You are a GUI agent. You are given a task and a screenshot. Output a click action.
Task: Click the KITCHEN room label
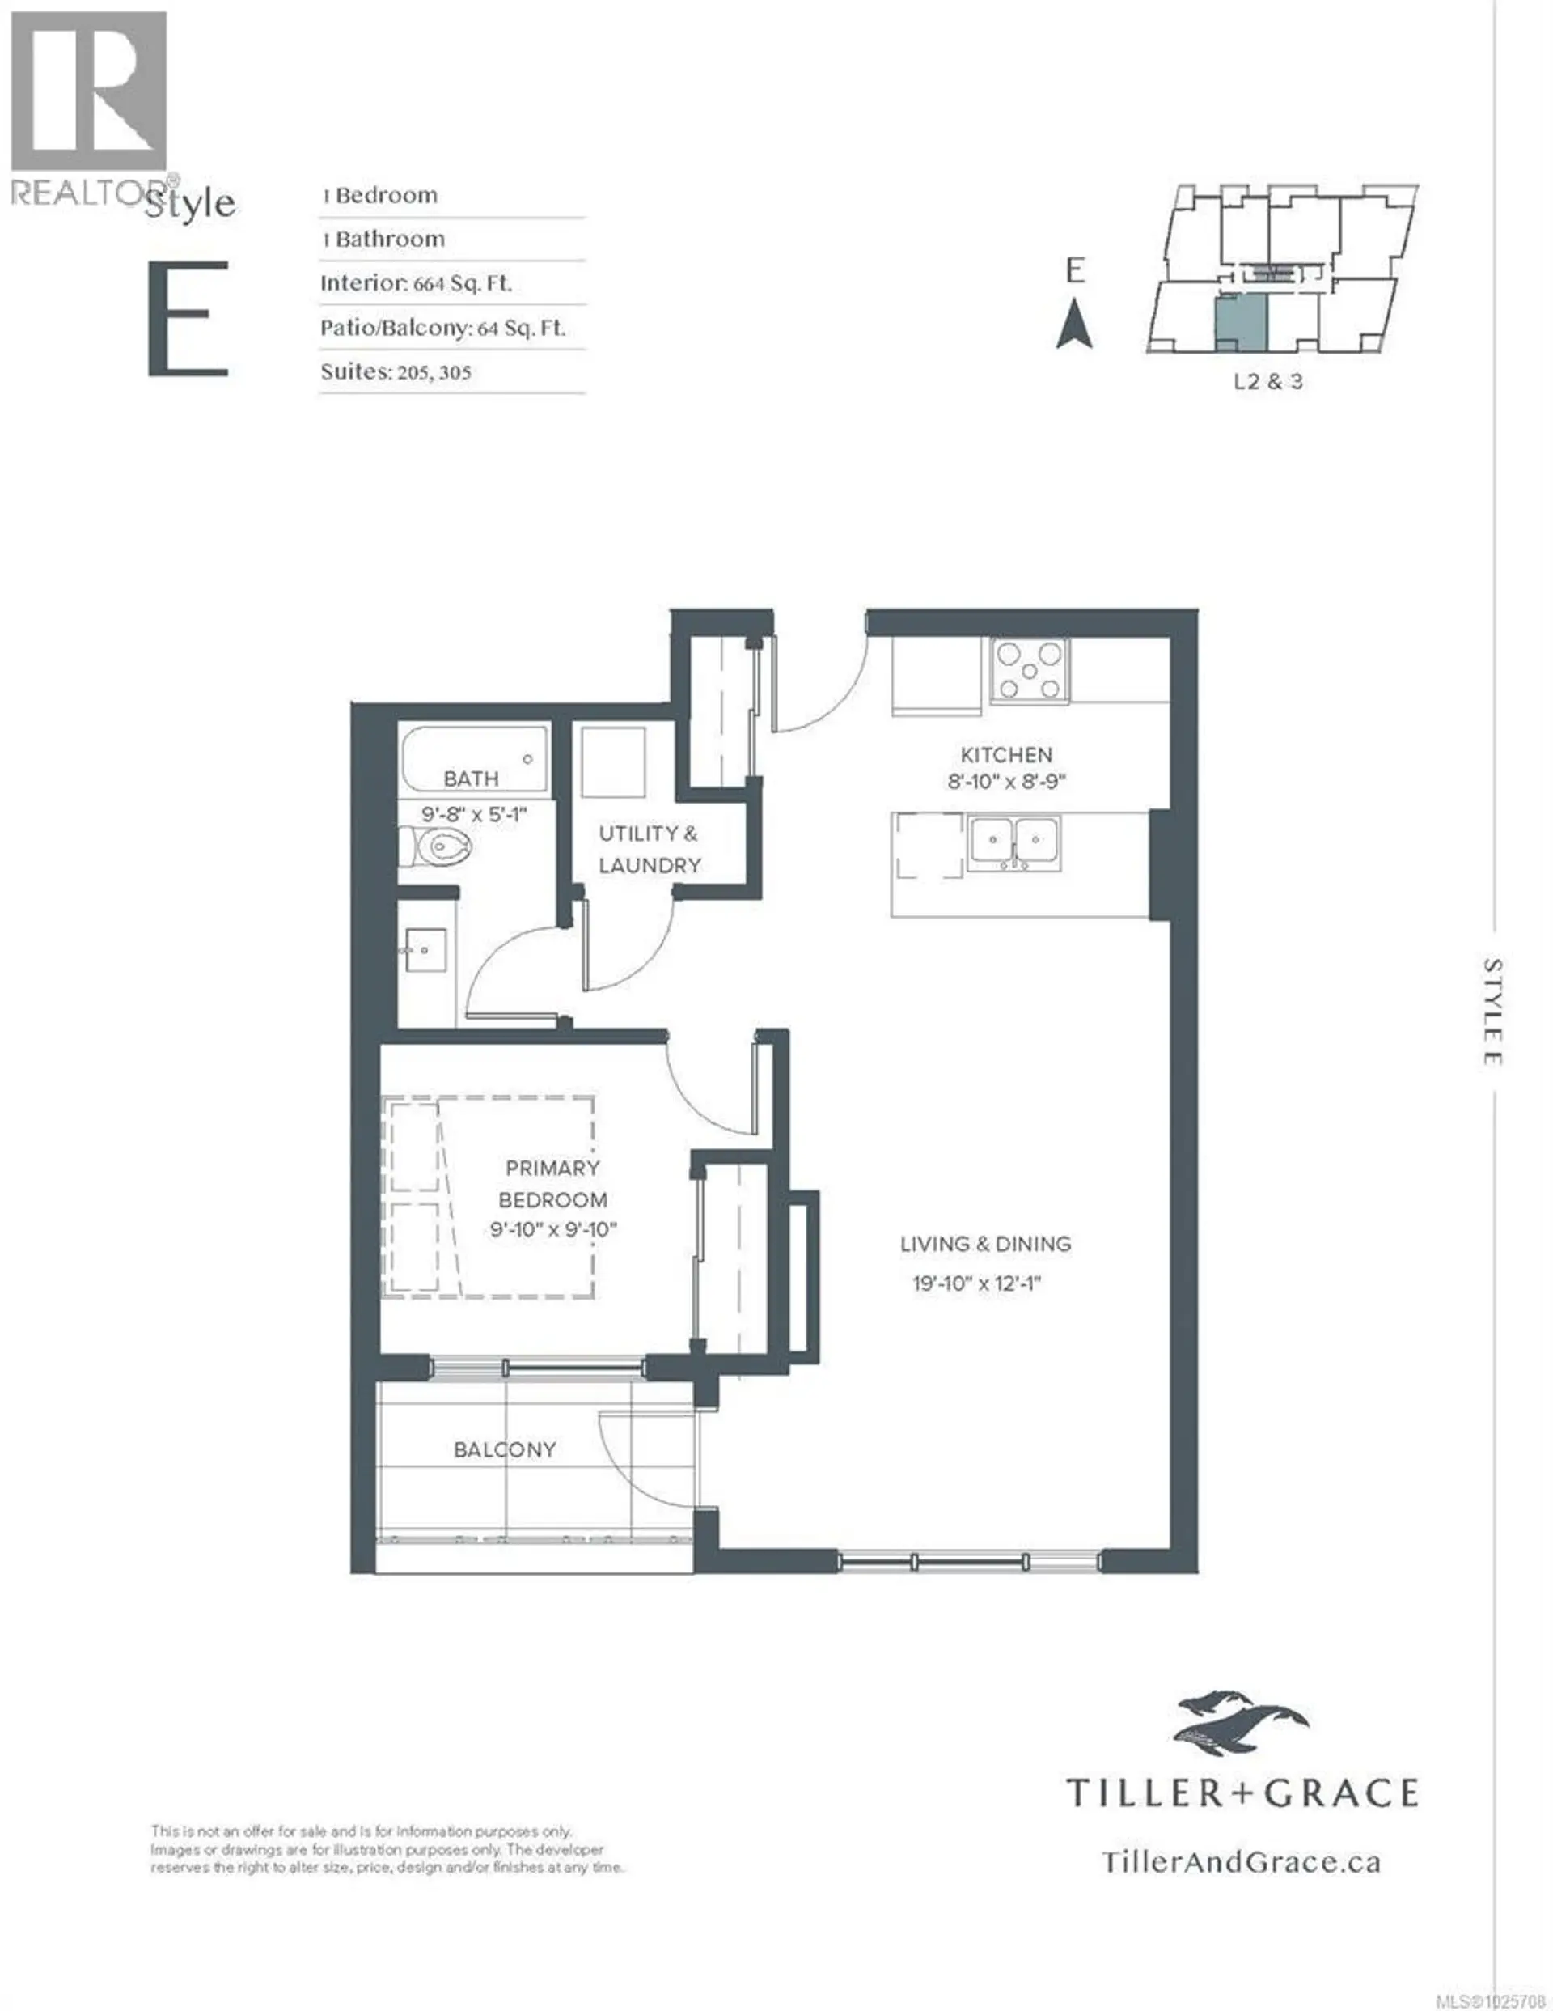(x=1005, y=755)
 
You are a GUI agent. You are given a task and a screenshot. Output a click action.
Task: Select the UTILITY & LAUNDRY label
(x=649, y=849)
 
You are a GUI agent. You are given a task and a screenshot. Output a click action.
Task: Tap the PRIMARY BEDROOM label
(x=552, y=1183)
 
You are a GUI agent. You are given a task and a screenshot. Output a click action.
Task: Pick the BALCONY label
(x=505, y=1450)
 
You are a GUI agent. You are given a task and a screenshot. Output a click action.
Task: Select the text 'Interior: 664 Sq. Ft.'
(x=415, y=283)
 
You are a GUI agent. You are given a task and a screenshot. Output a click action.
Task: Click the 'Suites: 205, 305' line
(x=396, y=372)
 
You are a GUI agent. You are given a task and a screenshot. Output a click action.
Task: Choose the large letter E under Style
(x=188, y=319)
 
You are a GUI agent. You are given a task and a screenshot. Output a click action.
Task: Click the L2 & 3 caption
(x=1267, y=381)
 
